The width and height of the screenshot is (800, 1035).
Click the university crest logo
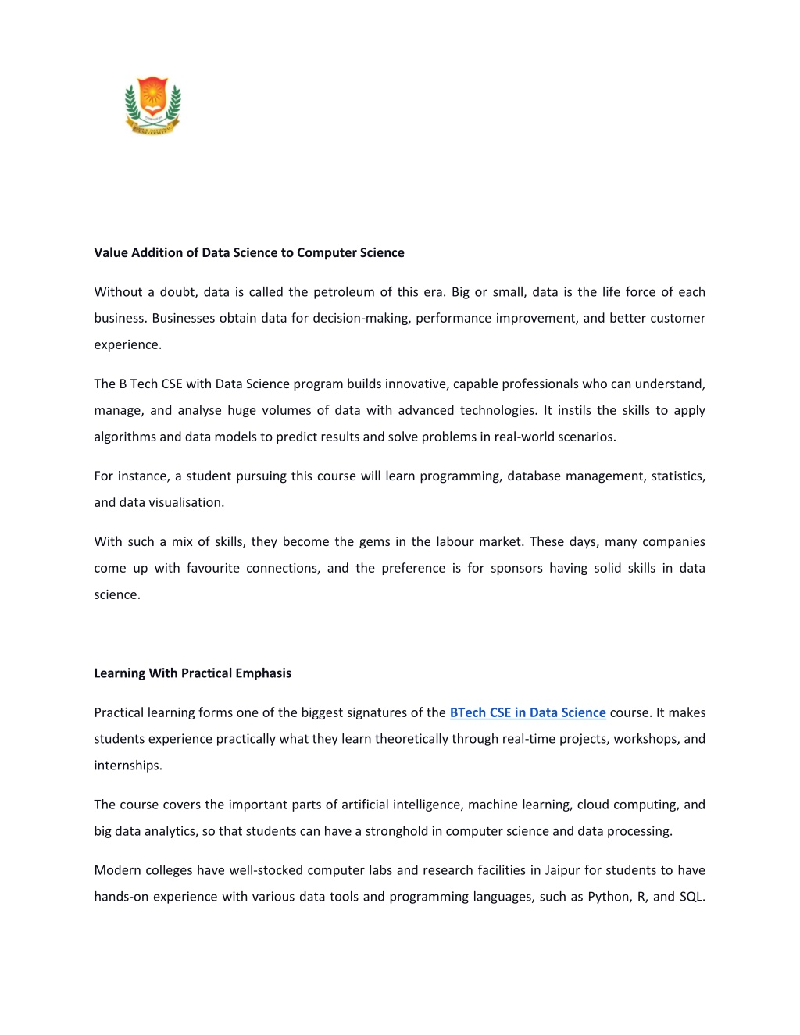[153, 105]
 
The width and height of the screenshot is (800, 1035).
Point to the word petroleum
[344, 292]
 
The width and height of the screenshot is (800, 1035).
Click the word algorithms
[125, 437]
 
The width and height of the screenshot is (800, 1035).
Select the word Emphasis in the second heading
[263, 673]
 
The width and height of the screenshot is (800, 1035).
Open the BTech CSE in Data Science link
[527, 712]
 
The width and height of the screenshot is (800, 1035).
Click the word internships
[128, 766]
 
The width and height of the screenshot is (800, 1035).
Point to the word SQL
[692, 897]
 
